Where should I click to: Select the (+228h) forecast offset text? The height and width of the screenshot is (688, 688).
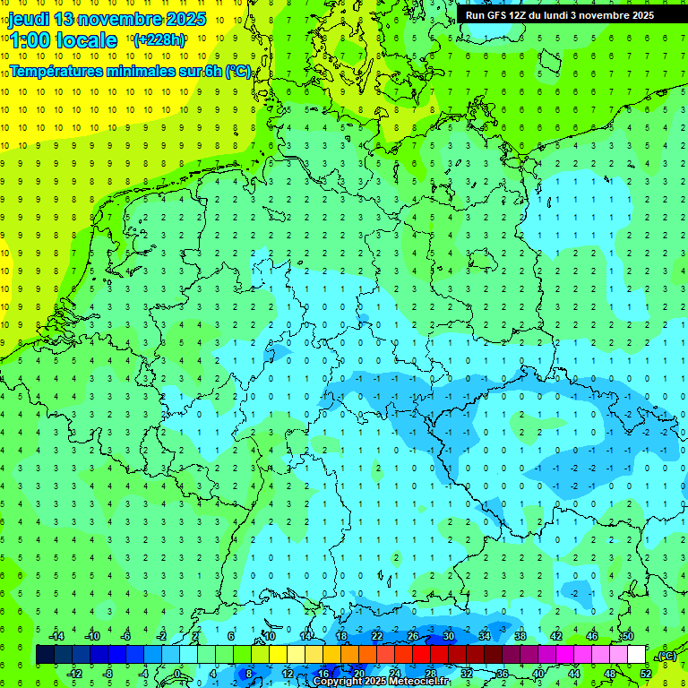click(159, 40)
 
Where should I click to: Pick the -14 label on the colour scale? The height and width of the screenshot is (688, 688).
click(56, 636)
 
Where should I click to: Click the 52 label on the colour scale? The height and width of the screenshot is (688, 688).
click(646, 673)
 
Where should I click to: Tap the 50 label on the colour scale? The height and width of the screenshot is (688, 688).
click(627, 636)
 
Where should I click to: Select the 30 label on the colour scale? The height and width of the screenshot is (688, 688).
click(448, 636)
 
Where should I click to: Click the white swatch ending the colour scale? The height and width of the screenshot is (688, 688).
click(637, 655)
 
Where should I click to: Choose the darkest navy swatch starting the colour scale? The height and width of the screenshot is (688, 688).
click(45, 655)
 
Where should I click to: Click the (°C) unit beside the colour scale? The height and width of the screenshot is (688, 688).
click(666, 656)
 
